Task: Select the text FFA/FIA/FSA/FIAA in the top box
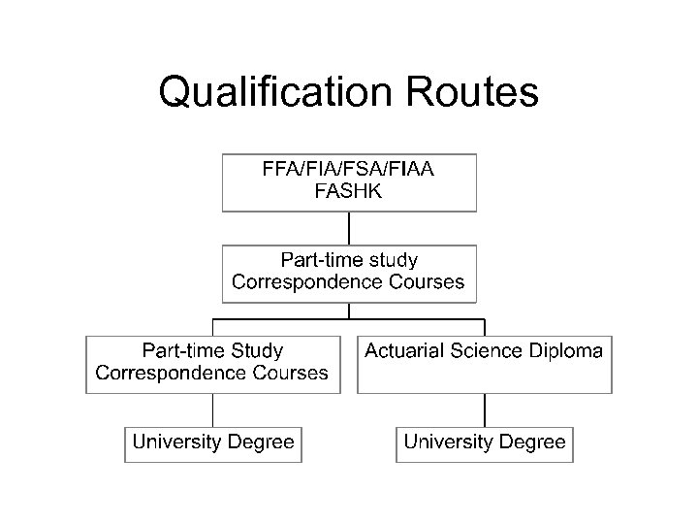tap(348, 169)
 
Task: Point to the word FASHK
tap(348, 191)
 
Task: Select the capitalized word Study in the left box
tap(254, 350)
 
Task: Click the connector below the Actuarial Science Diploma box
tap(485, 409)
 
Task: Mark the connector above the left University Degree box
tap(213, 409)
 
